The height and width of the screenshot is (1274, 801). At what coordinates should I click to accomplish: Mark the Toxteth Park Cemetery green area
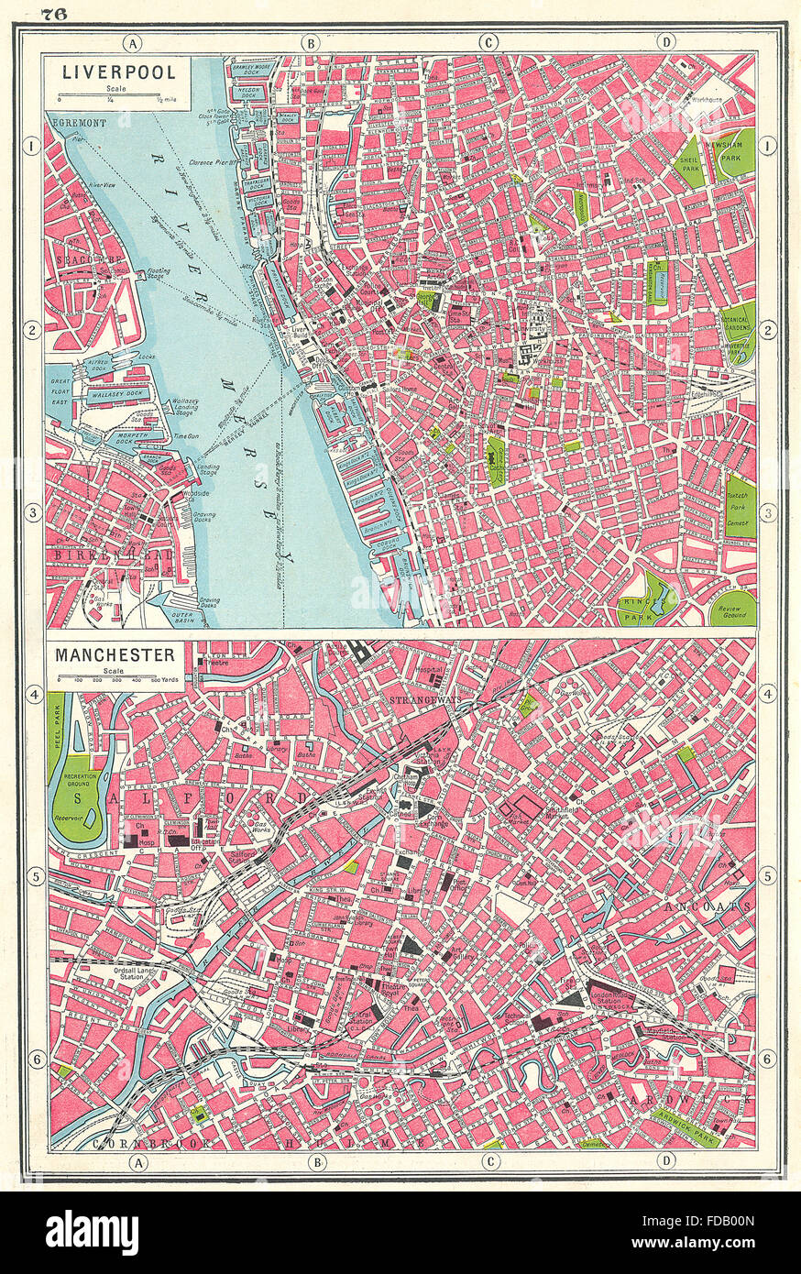[740, 507]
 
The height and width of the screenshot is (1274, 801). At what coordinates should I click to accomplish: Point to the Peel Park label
[56, 733]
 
